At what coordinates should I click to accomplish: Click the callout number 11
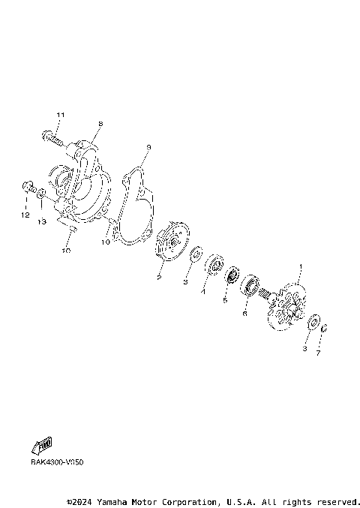tap(61, 114)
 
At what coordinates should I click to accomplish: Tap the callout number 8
tap(100, 124)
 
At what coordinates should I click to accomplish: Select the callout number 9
tap(148, 148)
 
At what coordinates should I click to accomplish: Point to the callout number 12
tap(25, 215)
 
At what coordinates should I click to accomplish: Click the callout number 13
tap(43, 221)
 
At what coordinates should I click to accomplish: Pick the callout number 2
tap(159, 278)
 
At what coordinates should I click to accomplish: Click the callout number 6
tap(244, 314)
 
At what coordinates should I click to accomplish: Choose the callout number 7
tap(318, 352)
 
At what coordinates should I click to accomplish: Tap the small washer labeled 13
tap(42, 195)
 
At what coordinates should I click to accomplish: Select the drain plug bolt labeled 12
tap(27, 186)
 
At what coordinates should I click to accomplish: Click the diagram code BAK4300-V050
tap(57, 462)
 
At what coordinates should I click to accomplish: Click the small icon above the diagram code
tap(44, 446)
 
